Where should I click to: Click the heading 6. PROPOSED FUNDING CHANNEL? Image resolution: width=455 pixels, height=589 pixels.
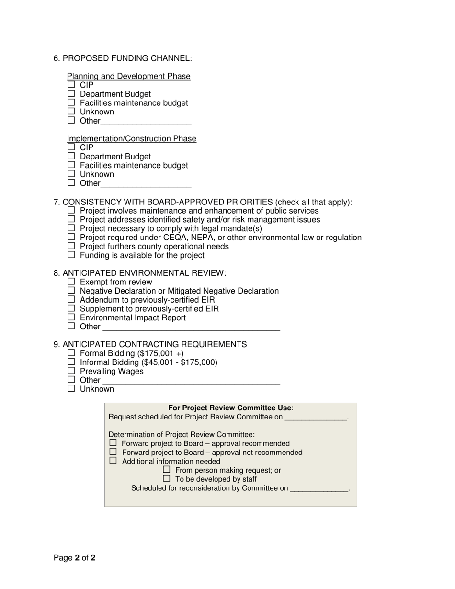point(123,58)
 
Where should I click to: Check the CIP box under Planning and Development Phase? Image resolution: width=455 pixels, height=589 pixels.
point(71,85)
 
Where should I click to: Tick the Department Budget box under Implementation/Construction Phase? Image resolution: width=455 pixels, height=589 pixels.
point(71,156)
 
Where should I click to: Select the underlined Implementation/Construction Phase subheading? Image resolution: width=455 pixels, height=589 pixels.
point(131,139)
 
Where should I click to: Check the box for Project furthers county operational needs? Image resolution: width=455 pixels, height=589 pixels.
point(71,246)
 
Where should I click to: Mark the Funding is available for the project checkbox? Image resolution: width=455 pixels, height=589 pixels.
point(71,255)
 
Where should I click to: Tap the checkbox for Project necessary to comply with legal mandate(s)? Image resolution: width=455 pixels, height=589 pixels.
point(71,228)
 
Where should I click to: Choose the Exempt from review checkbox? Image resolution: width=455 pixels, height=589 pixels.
point(71,282)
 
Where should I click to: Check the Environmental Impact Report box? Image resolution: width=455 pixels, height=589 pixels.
point(71,317)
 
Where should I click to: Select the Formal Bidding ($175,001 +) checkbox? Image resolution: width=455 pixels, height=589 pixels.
point(71,353)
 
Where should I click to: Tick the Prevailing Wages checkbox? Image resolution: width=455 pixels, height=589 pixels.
point(71,371)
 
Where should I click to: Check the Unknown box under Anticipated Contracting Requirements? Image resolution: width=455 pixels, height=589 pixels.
point(71,388)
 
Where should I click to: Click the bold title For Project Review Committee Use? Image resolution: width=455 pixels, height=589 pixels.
point(230,408)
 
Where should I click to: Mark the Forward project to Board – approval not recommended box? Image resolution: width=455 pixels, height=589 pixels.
point(114,452)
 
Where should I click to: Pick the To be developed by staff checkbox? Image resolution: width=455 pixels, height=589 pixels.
point(167,478)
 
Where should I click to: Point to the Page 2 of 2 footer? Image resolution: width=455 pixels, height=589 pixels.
point(75,558)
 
